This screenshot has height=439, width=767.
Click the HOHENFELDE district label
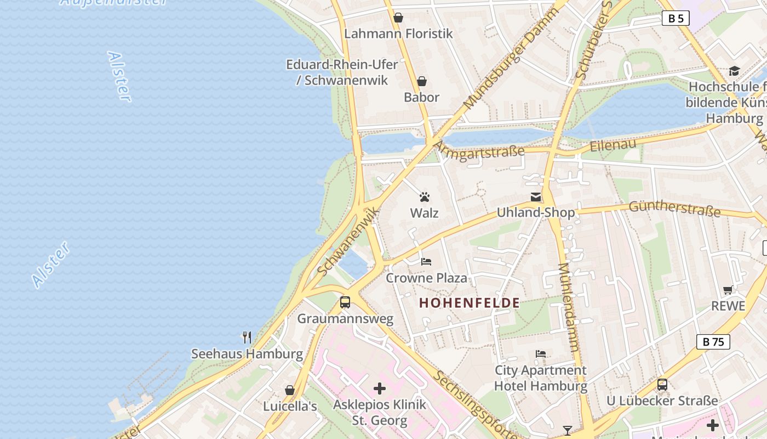point(470,303)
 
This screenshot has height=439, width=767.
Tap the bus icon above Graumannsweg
point(345,302)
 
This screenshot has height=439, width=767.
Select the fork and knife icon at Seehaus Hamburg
point(247,337)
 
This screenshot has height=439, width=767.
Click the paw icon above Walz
point(425,197)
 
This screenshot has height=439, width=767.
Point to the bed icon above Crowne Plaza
point(426,262)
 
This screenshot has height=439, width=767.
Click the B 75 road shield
point(713,342)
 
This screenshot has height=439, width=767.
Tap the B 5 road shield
point(676,19)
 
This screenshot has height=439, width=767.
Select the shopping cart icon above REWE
point(728,290)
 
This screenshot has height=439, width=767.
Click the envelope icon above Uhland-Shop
point(536,197)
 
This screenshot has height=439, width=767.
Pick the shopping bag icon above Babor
point(422,82)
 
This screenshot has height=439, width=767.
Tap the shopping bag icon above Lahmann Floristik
point(398,18)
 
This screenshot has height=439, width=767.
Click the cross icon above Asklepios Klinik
point(380,389)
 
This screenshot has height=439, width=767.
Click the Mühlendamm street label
point(569,307)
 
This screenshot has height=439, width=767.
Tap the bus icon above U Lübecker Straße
point(662,385)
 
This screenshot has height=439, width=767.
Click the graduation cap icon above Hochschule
point(734,71)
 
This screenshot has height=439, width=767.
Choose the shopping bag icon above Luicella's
point(290,390)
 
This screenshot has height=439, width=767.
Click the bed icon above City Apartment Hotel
point(541,354)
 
